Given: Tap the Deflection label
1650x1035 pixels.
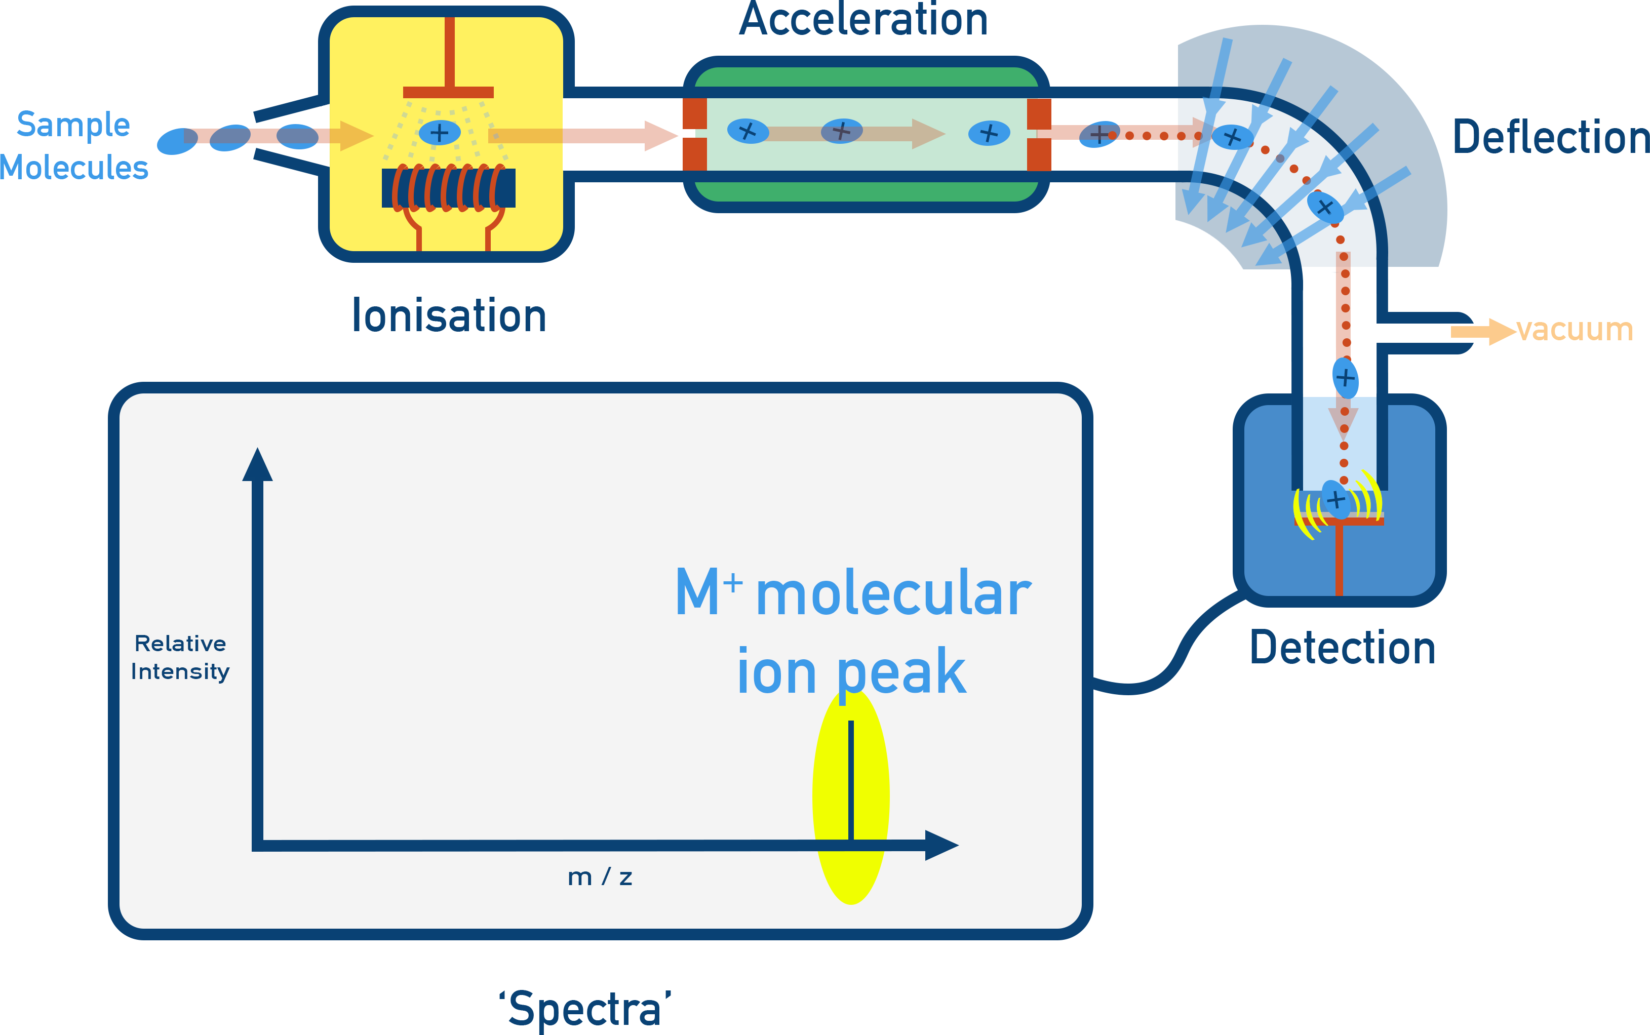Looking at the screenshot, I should [1550, 137].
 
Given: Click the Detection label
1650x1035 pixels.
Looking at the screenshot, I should [1342, 648].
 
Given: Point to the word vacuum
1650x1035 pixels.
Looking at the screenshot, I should [1574, 330].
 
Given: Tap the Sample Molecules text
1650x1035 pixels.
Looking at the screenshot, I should [73, 146].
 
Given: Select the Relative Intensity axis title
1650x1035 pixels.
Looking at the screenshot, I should [180, 657].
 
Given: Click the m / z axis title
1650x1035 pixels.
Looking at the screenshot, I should [600, 877].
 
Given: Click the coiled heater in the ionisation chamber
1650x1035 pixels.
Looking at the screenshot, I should [448, 187].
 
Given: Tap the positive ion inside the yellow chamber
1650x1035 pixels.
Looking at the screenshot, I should [439, 132].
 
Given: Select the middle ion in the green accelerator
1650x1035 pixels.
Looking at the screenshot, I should [841, 130].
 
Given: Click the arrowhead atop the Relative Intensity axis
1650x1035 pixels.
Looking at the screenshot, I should [257, 465].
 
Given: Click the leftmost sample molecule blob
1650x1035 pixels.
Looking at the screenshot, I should [177, 141].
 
